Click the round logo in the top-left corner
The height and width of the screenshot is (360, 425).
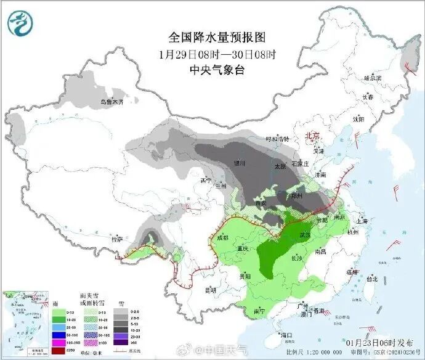pyautogui.click(x=21, y=23)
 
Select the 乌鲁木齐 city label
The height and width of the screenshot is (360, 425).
pyautogui.click(x=112, y=102)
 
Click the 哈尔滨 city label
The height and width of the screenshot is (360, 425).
pyautogui.click(x=373, y=78)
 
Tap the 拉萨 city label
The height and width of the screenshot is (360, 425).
pyautogui.click(x=117, y=238)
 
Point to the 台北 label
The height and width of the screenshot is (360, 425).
pyautogui.click(x=371, y=278)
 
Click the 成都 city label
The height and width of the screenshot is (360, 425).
pyautogui.click(x=223, y=237)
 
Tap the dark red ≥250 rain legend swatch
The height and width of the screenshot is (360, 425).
pyautogui.click(x=58, y=350)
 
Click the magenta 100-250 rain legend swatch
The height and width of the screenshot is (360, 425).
pyautogui.click(x=58, y=343)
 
